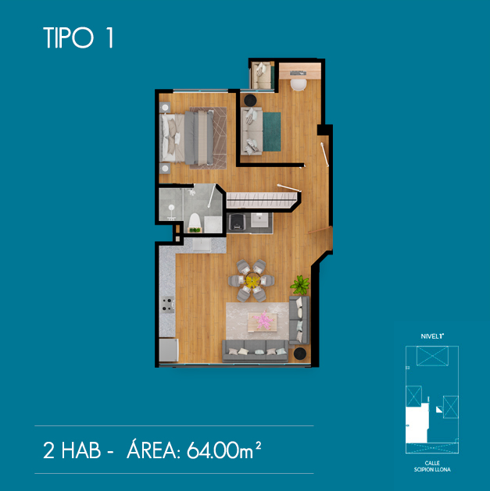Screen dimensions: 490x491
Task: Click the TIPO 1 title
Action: click(x=78, y=37)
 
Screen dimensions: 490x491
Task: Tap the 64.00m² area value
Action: click(x=224, y=450)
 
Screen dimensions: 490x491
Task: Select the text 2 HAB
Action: click(x=72, y=450)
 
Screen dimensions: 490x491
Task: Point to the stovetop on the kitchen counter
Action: click(x=167, y=304)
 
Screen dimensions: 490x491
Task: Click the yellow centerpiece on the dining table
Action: click(x=252, y=280)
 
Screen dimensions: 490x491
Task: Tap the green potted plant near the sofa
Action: click(x=300, y=285)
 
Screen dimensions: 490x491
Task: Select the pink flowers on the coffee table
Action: click(x=263, y=320)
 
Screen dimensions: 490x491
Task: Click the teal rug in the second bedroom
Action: click(x=272, y=131)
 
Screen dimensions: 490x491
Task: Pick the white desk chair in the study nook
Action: click(x=299, y=84)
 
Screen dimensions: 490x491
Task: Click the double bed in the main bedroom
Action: click(x=187, y=138)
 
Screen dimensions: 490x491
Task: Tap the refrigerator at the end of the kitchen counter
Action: click(x=169, y=350)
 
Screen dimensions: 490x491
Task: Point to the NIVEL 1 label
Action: click(x=432, y=336)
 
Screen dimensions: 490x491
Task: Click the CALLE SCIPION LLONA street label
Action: click(x=432, y=466)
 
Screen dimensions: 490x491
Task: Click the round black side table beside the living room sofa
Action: click(x=300, y=354)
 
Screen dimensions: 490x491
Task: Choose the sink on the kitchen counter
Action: click(x=202, y=245)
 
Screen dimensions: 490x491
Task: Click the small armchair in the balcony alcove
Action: click(x=262, y=76)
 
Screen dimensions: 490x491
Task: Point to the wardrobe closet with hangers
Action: click(x=261, y=200)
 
